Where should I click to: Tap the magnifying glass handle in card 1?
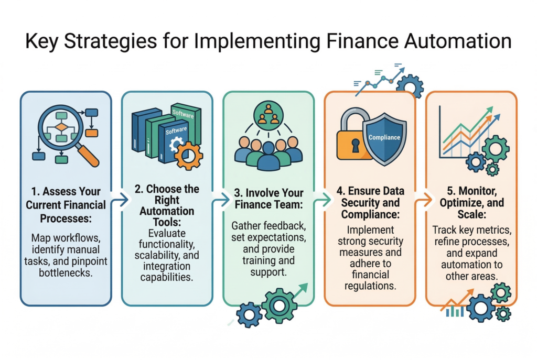89,156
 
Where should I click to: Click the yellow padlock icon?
354,137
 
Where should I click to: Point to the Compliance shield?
384,137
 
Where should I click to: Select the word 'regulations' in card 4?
370,286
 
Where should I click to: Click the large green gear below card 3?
279,306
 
